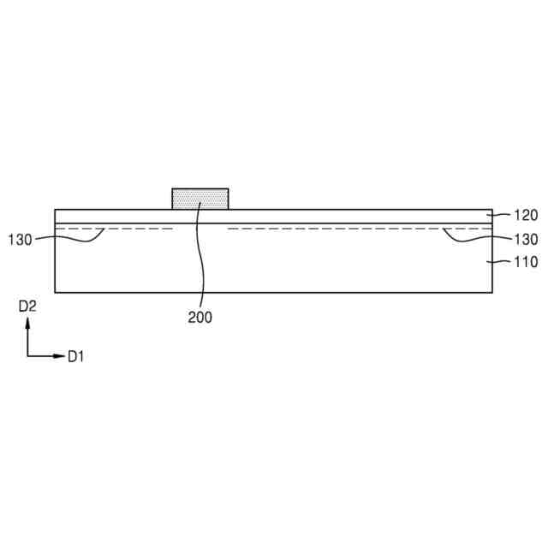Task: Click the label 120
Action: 525,215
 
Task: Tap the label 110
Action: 525,262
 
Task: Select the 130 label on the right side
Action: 525,240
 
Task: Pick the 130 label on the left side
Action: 21,240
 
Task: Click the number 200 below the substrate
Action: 200,318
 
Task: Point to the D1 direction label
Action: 76,357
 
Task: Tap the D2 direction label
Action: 27,307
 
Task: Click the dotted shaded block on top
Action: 200,199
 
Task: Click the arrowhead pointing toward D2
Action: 27,323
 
